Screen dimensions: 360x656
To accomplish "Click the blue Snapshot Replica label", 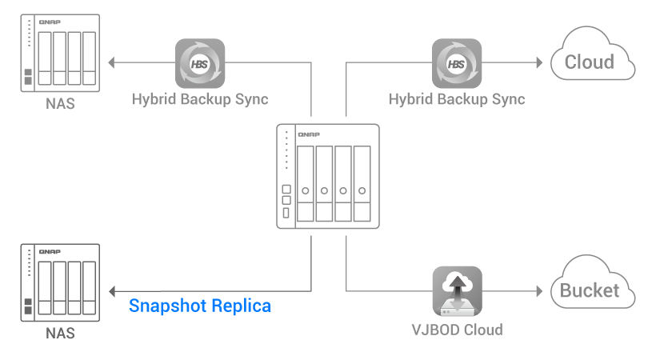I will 200,306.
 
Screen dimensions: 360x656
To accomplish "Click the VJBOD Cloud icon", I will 457,290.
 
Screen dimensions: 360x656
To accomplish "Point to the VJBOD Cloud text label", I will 457,330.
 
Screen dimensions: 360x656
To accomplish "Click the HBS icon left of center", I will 200,62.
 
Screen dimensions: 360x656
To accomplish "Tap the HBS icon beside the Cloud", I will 457,62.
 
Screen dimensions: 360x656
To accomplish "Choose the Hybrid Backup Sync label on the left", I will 200,100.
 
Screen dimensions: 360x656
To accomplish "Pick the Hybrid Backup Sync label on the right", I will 457,100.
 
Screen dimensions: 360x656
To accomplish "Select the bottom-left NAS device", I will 59,284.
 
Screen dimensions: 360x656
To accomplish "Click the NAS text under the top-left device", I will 60,104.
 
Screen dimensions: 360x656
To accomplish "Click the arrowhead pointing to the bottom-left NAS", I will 113,290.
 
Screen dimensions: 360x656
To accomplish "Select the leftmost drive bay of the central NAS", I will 305,184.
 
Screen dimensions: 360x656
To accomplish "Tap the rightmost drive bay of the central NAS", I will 362,184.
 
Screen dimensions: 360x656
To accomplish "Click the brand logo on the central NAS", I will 309,134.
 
